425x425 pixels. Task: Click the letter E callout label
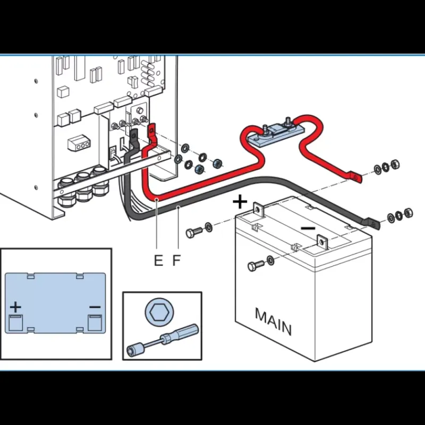tap(158, 260)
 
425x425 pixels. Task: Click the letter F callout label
tap(176, 260)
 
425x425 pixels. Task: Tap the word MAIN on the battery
tap(273, 322)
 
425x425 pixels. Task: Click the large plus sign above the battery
tap(240, 202)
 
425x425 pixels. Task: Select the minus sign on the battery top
tap(308, 228)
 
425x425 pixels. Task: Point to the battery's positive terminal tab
tap(258, 209)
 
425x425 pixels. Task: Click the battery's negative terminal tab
tap(322, 242)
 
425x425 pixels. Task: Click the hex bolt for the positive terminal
tap(194, 232)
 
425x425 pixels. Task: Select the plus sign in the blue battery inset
tap(15, 307)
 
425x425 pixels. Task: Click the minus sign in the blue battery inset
tap(95, 307)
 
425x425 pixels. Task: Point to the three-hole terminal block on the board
tap(79, 143)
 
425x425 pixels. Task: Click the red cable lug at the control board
tap(152, 130)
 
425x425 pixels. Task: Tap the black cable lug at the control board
tap(134, 136)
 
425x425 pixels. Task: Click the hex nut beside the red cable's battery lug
tap(395, 164)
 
